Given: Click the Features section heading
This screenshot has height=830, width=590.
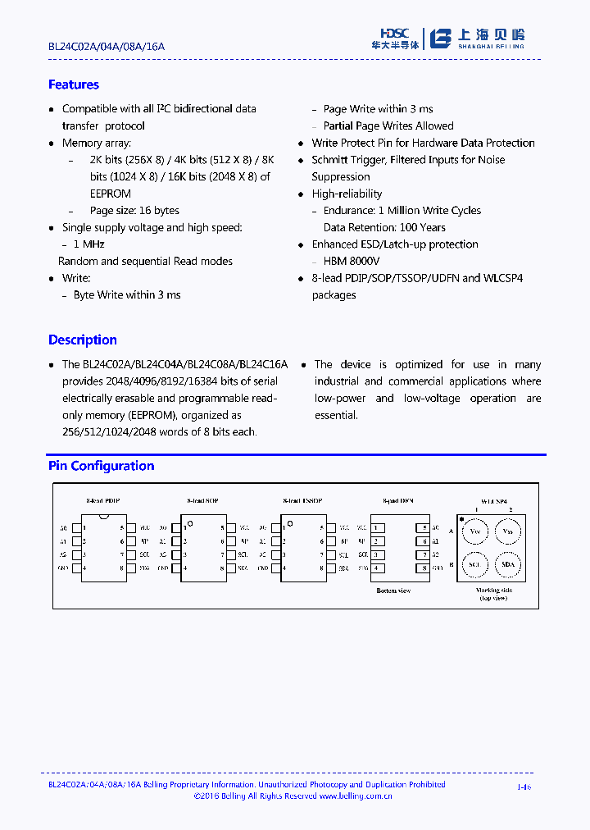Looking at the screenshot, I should [73, 84].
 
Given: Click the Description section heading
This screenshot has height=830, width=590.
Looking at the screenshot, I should [82, 340].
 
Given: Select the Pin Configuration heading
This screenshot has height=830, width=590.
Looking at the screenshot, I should [101, 466].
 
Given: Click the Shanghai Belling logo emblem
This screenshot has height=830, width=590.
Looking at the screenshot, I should [442, 39].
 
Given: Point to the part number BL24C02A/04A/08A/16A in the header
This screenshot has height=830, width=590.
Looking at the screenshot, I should [106, 47].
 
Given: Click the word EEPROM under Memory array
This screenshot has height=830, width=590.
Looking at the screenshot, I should [110, 194].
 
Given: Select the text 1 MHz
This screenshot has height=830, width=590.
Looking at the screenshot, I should [88, 244].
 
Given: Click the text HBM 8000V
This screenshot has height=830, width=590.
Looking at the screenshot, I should [352, 261].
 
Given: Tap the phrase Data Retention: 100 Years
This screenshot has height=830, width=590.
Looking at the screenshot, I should [384, 227].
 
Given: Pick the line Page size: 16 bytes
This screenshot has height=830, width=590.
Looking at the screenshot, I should [134, 211].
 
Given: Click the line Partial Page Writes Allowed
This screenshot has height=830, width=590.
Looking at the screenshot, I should [388, 125].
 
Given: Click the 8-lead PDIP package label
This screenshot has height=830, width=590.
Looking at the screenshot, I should [103, 500].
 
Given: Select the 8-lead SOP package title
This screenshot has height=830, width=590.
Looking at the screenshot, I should [202, 500].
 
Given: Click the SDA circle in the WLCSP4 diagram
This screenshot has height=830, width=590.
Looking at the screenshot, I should [507, 565].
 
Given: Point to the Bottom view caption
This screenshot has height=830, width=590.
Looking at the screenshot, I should [393, 591].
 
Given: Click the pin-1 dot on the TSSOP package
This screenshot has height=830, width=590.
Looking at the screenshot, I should [288, 522].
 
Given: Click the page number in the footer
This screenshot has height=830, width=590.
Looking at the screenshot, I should [524, 787].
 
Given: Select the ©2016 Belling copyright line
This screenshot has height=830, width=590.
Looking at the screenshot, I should [293, 796].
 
